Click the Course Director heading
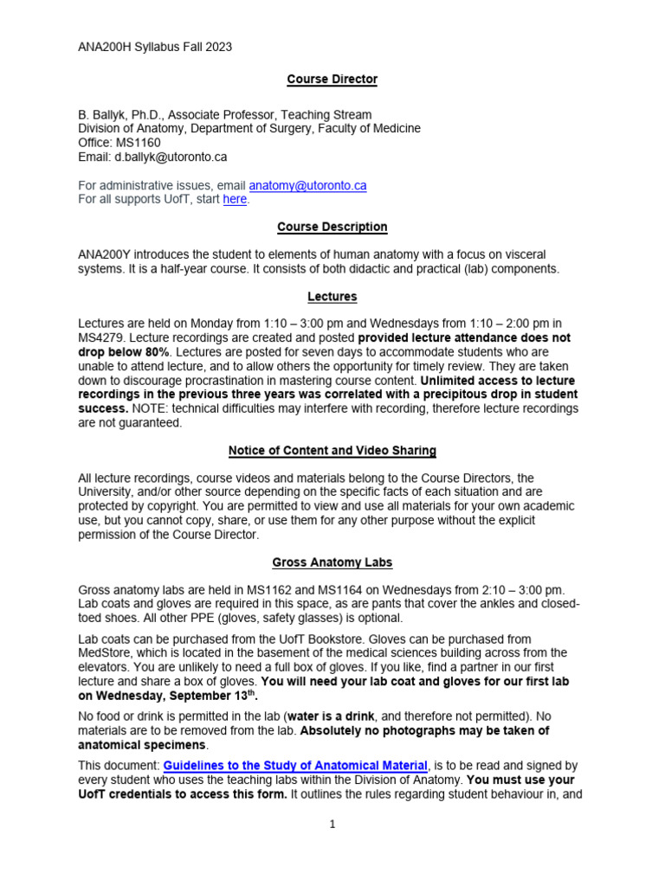(x=332, y=80)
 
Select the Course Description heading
(x=332, y=227)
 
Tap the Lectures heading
(x=332, y=297)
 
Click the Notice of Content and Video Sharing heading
(x=332, y=451)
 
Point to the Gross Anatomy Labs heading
(x=332, y=562)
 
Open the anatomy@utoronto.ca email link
(x=307, y=185)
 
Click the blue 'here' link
(x=235, y=199)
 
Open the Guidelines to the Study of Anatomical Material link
(x=295, y=766)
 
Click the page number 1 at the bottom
(x=332, y=825)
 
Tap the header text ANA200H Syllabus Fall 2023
(x=155, y=47)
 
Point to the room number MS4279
(x=102, y=337)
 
